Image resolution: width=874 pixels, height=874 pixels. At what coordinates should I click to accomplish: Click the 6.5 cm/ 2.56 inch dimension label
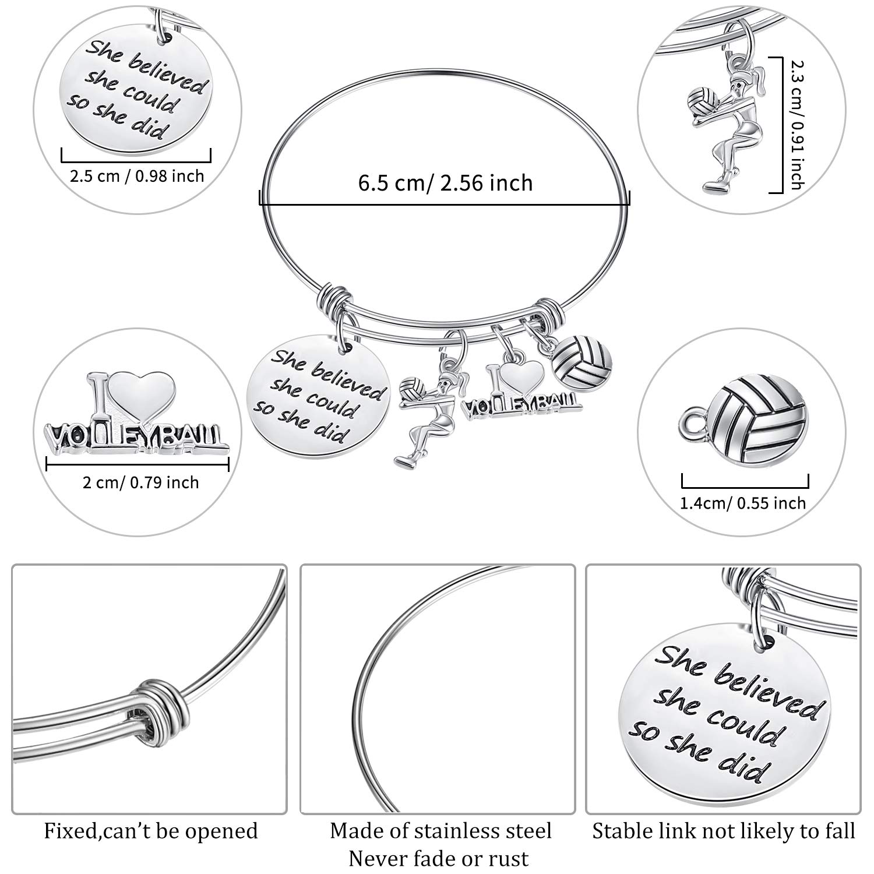[445, 183]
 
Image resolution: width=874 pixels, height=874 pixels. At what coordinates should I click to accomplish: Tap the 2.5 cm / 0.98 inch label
[137, 175]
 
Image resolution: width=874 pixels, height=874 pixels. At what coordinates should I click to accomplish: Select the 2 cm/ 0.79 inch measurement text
[140, 482]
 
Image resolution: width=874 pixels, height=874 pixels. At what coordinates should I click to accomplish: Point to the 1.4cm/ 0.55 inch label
[743, 503]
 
